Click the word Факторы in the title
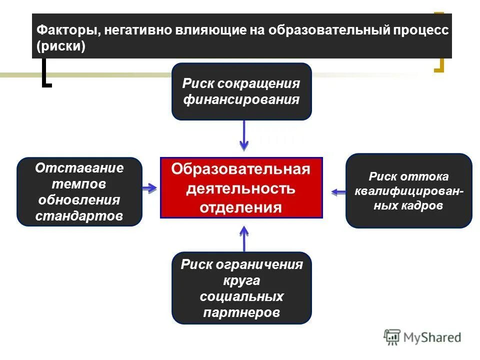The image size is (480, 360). tap(65, 29)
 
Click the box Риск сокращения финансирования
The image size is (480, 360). tap(241, 91)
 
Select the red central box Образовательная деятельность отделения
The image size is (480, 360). tap(241, 187)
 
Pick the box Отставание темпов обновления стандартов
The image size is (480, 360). tap(79, 192)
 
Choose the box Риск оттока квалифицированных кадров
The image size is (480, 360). tap(408, 190)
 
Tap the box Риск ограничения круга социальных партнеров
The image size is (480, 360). tap(241, 288)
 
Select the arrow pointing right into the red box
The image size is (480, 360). tap(149, 188)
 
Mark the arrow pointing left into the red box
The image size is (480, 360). tap(338, 191)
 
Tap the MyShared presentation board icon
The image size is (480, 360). tap(392, 337)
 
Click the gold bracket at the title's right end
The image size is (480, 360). tap(439, 65)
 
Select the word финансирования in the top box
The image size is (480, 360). tap(241, 99)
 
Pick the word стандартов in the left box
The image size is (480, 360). tap(79, 216)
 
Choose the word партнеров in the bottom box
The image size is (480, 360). tap(241, 312)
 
